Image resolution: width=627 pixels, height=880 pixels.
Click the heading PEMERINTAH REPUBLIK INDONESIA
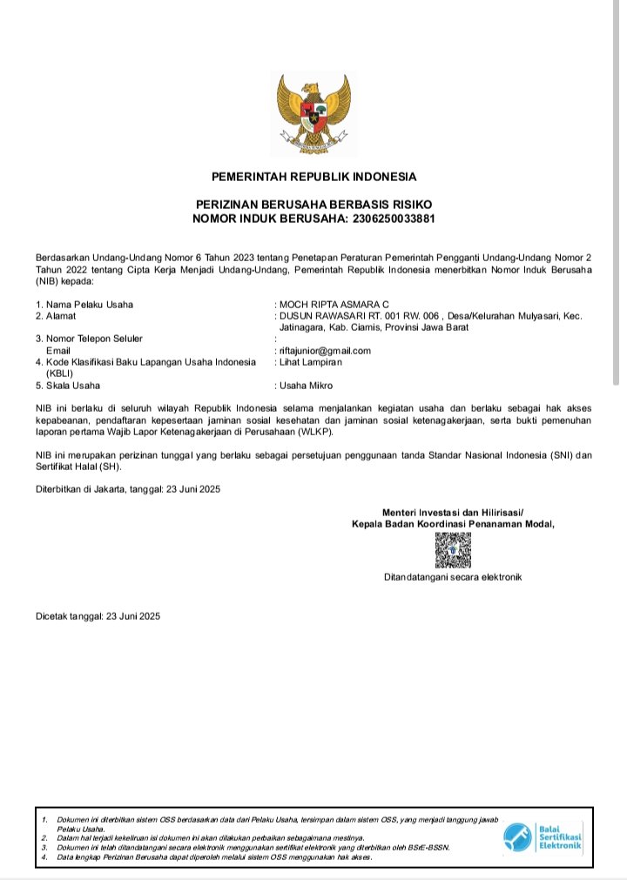pyautogui.click(x=313, y=177)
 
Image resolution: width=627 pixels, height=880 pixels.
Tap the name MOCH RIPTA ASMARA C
pyautogui.click(x=334, y=304)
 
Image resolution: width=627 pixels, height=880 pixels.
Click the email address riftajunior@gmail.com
pyautogui.click(x=325, y=351)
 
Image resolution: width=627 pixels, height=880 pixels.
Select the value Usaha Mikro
pyautogui.click(x=306, y=386)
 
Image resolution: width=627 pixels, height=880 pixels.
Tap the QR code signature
pyautogui.click(x=453, y=550)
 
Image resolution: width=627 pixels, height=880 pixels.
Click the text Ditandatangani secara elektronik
pyautogui.click(x=453, y=577)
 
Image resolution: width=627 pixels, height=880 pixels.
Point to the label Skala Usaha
pyautogui.click(x=68, y=386)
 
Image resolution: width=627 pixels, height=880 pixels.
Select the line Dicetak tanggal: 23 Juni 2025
pyautogui.click(x=98, y=616)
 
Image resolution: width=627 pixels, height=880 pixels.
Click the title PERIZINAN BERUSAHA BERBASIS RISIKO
pyautogui.click(x=313, y=204)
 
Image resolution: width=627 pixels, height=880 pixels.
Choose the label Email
pyautogui.click(x=57, y=351)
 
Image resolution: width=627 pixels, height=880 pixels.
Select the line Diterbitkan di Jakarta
pyautogui.click(x=128, y=489)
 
